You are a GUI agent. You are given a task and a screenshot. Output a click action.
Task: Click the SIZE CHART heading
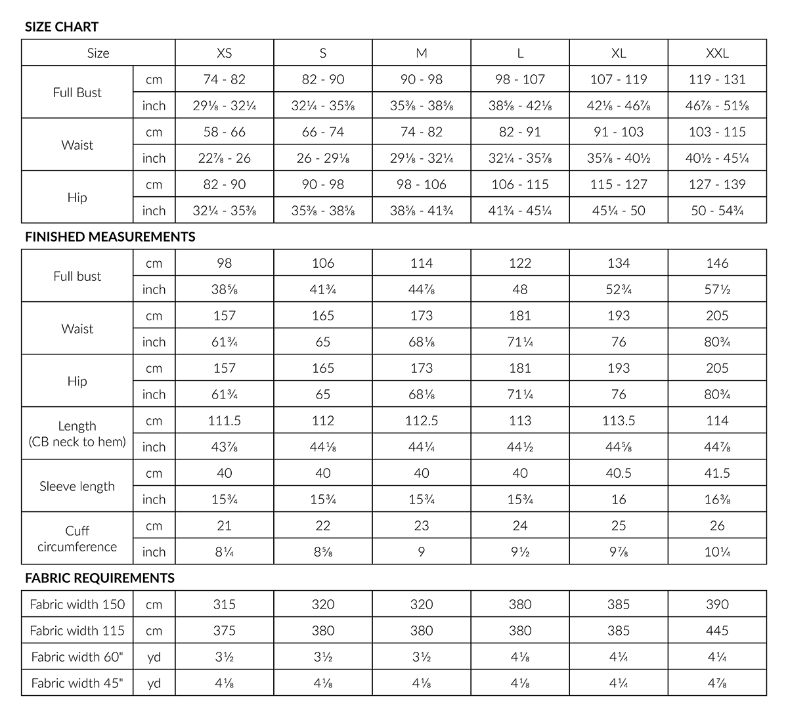62,27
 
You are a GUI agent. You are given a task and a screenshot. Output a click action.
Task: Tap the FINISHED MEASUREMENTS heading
110,237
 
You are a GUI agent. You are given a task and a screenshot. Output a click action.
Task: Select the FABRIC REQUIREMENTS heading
100,578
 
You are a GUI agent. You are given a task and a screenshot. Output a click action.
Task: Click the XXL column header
717,53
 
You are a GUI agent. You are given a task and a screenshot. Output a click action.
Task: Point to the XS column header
225,53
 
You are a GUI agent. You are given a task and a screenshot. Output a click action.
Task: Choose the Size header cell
98,53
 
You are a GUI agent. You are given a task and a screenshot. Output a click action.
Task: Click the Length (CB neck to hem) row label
77,434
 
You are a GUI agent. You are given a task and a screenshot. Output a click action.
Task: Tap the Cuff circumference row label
77,539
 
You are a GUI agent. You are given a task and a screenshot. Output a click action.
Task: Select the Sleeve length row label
77,486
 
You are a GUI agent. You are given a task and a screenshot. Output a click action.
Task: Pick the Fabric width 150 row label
77,605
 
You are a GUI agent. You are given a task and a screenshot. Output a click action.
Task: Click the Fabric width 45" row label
77,683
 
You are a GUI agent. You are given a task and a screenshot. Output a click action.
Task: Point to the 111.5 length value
225,421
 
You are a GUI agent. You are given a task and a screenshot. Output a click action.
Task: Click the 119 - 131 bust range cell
717,79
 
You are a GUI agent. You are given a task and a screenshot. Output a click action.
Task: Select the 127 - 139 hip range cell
717,184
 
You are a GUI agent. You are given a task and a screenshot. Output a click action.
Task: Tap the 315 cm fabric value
225,605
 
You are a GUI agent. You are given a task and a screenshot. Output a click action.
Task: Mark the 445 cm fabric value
717,631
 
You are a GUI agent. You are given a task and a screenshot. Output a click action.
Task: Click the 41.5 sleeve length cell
717,473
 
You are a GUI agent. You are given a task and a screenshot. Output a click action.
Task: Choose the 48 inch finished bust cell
520,289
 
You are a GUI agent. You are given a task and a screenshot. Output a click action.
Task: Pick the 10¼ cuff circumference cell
717,552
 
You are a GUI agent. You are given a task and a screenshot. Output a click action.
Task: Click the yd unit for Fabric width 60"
154,657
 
